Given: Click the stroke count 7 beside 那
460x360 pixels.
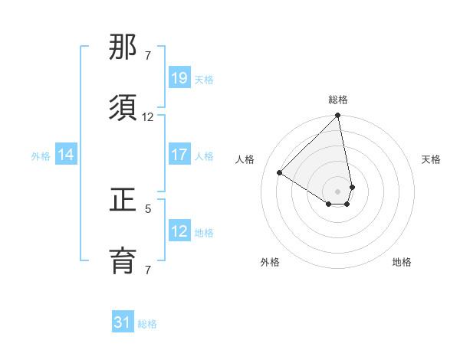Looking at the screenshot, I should click(148, 56).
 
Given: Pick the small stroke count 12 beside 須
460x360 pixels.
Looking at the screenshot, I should click(148, 116).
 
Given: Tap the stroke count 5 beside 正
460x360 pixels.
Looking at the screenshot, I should click(148, 208).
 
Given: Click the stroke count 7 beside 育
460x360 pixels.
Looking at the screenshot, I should click(148, 270).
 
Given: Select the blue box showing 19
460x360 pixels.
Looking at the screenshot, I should click(179, 78).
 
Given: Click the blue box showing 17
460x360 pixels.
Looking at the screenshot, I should click(179, 155).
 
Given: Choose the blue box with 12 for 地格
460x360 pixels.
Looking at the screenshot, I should click(179, 231).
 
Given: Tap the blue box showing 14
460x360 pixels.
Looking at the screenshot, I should click(66, 155).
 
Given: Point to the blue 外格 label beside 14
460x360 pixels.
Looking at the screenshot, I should click(41, 155).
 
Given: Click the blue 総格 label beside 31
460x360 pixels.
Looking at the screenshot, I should click(147, 324).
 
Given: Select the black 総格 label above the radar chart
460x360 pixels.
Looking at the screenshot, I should click(338, 100).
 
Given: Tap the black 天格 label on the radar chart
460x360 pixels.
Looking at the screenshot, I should click(432, 159).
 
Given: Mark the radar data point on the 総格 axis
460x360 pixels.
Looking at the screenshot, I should click(338, 116).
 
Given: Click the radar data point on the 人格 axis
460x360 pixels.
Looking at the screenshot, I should click(280, 173).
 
